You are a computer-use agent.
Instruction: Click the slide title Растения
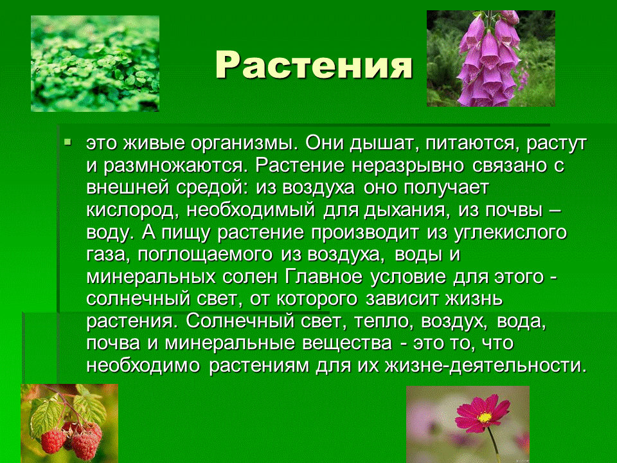coord(313,65)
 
